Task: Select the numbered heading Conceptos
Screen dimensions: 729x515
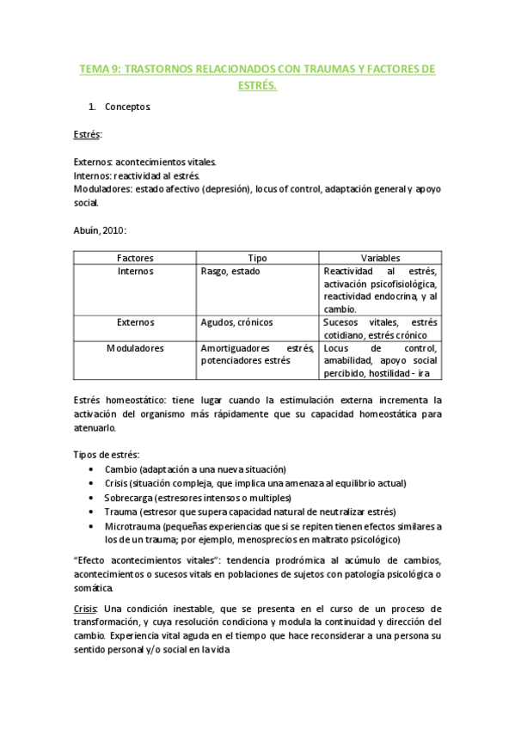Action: [128, 107]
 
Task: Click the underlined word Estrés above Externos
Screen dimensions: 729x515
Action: [87, 135]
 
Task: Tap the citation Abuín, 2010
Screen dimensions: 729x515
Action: [101, 230]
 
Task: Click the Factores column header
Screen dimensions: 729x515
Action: [135, 258]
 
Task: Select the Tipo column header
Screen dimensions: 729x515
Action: [257, 258]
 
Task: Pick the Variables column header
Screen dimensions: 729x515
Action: [380, 258]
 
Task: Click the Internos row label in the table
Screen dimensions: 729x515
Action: [135, 271]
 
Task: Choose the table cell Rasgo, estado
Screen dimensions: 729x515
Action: [230, 271]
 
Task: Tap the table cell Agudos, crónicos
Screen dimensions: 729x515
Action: [236, 322]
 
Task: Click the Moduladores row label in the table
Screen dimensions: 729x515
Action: [135, 348]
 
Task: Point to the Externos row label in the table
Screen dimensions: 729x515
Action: [135, 322]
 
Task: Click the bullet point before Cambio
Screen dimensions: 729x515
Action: [92, 469]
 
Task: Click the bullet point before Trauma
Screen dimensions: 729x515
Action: [92, 512]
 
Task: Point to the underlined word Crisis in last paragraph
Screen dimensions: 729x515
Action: [85, 609]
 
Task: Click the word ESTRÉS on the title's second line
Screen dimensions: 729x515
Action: [257, 85]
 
